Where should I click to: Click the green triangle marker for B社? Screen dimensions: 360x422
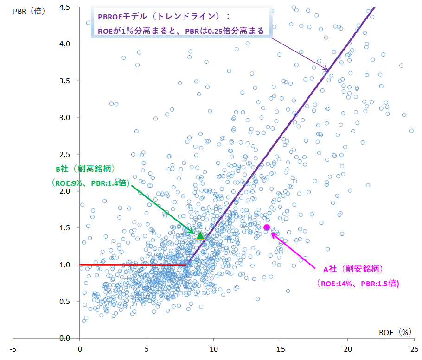pyautogui.click(x=200, y=235)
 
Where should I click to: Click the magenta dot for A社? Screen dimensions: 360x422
pyautogui.click(x=267, y=227)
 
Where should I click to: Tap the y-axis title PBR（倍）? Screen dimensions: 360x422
pyautogui.click(x=29, y=10)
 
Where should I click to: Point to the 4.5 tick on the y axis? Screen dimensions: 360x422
pyautogui.click(x=65, y=7)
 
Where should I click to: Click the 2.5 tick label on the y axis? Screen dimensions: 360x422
pyautogui.click(x=65, y=154)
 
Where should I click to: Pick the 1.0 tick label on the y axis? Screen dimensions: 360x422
pyautogui.click(x=65, y=265)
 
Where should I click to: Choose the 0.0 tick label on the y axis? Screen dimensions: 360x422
pyautogui.click(x=65, y=338)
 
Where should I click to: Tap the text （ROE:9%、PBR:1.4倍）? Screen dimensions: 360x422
pyautogui.click(x=90, y=183)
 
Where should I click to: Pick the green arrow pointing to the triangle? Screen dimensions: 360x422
pyautogui.click(x=162, y=208)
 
